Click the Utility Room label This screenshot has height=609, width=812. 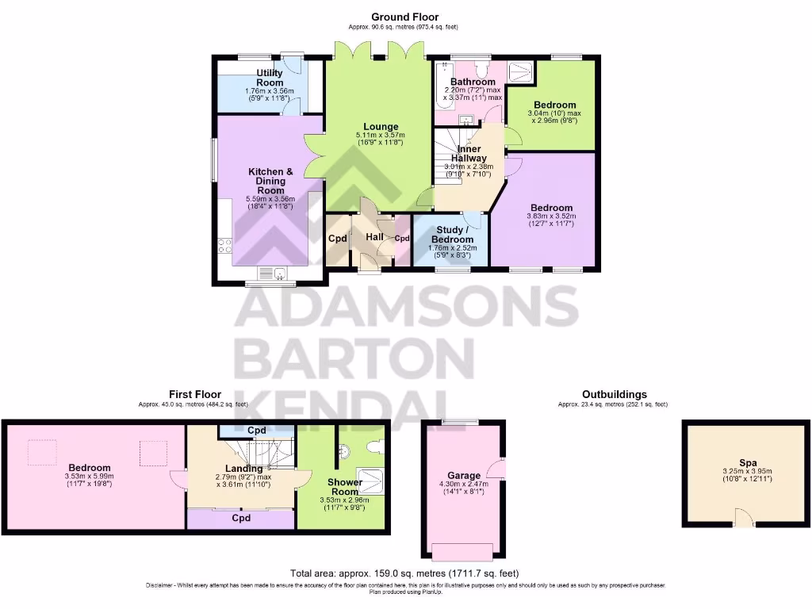[x=270, y=78]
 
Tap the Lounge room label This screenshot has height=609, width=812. [x=381, y=127]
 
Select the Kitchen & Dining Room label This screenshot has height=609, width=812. [x=270, y=181]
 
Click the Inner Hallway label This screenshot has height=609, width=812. [x=468, y=153]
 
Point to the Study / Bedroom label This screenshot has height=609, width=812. [x=452, y=235]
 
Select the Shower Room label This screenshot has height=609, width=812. [x=345, y=487]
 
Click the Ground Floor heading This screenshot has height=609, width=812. [x=404, y=17]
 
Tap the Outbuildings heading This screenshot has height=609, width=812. [x=614, y=394]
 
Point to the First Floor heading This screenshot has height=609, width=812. [x=194, y=394]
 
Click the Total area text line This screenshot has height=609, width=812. [x=404, y=573]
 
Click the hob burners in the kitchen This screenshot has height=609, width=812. [x=223, y=246]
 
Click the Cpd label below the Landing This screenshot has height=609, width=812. [x=241, y=519]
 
